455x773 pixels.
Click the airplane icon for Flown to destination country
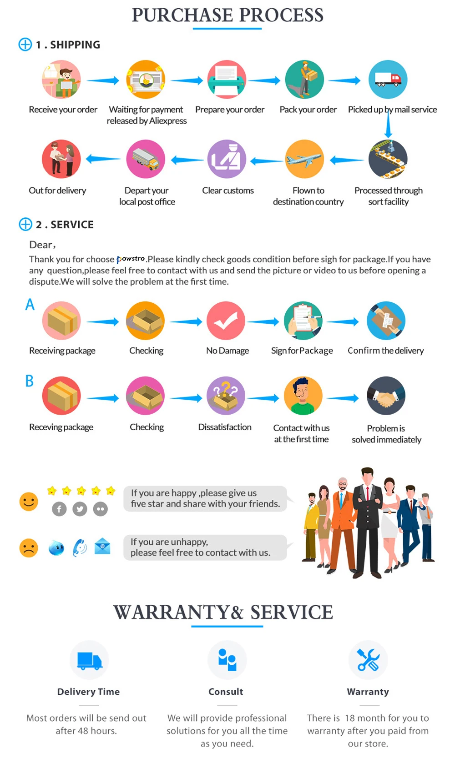pos(304,159)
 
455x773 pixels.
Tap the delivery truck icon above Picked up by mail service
pos(388,80)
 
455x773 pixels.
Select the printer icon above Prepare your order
pos(227,80)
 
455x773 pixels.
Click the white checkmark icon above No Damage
pos(226,321)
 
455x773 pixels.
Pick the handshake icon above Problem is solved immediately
pos(386,396)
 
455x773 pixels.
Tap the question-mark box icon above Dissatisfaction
pos(226,396)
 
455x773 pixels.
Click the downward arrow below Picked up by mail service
pos(388,125)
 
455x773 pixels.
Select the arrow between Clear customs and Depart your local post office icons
pos(187,160)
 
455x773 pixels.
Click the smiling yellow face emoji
pos(29,502)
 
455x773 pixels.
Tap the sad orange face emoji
pos(29,548)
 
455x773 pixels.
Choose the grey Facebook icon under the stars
pos(59,509)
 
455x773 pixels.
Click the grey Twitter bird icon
pos(80,509)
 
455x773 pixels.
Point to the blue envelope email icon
pos(102,546)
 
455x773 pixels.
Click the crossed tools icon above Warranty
pos(368,660)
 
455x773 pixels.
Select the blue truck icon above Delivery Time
pos(89,660)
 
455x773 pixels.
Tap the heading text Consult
pos(226,692)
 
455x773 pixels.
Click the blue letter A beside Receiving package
pos(30,304)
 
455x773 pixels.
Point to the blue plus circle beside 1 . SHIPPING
pos(25,45)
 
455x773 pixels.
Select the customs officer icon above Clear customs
pos(227,159)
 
